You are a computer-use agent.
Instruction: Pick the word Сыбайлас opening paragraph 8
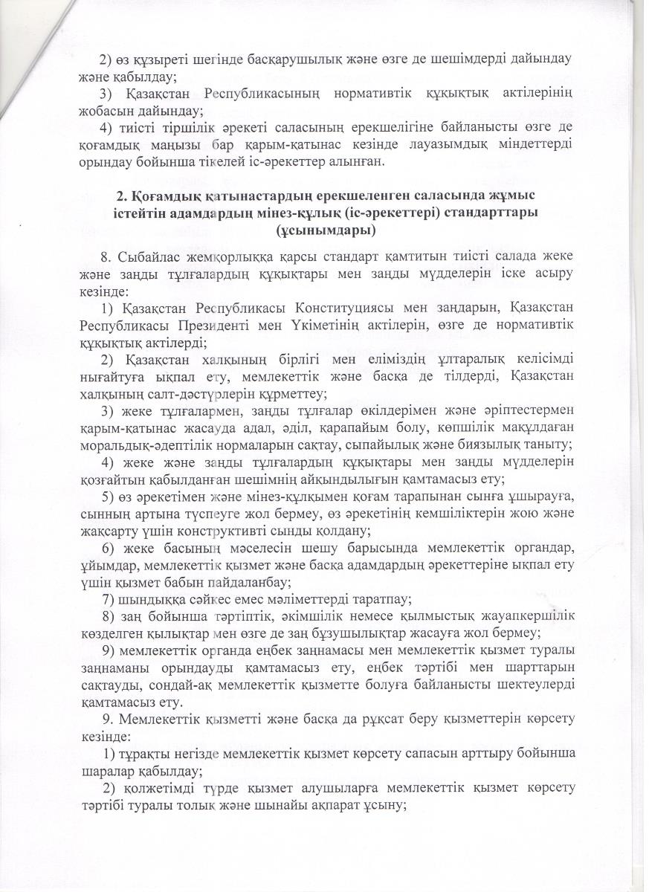pyautogui.click(x=149, y=256)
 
